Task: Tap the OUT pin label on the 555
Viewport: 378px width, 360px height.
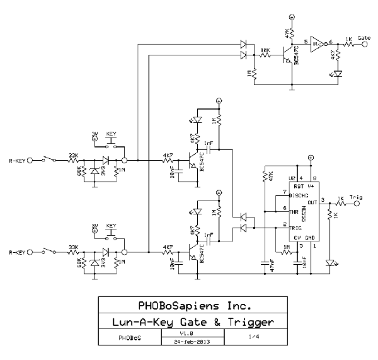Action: (311, 202)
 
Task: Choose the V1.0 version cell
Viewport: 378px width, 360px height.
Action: (186, 334)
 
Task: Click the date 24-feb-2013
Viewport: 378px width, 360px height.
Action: (186, 341)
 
